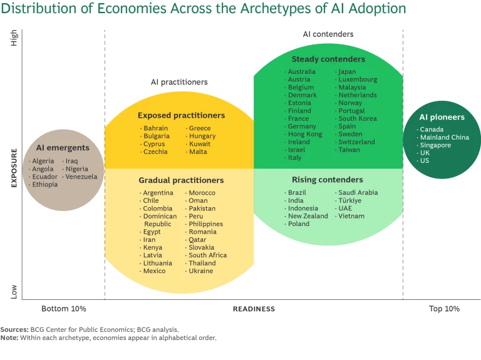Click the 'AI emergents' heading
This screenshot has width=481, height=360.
tap(63, 148)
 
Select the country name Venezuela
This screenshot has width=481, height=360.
tap(81, 177)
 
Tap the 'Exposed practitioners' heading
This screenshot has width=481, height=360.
tap(181, 115)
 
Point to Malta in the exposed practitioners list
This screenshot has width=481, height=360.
tap(198, 152)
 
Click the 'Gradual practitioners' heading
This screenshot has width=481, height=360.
tap(181, 180)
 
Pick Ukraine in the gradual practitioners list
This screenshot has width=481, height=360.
tap(201, 271)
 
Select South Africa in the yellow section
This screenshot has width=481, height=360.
tap(207, 255)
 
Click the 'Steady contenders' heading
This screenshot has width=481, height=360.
tap(328, 59)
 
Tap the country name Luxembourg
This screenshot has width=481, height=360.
tap(358, 80)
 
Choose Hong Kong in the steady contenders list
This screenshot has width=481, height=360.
tap(305, 134)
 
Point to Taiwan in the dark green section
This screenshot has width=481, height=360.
tap(349, 150)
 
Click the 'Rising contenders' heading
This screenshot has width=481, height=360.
tap(327, 180)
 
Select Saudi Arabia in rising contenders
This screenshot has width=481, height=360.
tap(358, 193)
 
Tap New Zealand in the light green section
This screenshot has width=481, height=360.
tap(308, 216)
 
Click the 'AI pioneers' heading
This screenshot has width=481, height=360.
tap(442, 117)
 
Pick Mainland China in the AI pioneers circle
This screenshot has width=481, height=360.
tap(444, 137)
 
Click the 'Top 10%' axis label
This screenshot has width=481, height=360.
tap(444, 309)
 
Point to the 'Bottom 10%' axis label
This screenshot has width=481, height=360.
tap(64, 309)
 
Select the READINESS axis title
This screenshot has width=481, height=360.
tap(254, 309)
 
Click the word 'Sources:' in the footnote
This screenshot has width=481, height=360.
tap(14, 329)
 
